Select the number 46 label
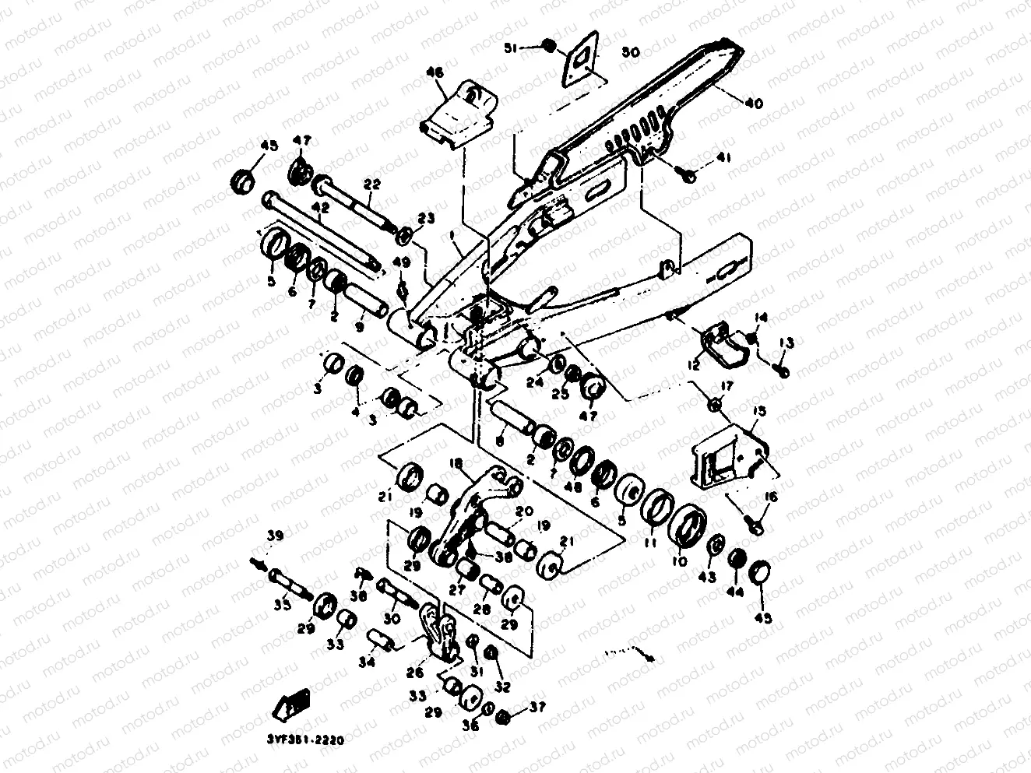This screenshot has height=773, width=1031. [435, 72]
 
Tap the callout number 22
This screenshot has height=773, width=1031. [372, 184]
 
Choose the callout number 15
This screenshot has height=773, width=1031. [758, 410]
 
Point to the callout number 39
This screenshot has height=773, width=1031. [276, 536]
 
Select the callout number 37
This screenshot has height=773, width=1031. [537, 707]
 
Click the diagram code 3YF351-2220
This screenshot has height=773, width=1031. [306, 737]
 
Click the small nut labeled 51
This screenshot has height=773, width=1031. [548, 46]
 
